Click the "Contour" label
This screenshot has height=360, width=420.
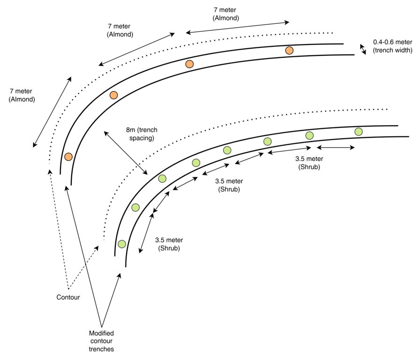click(x=68, y=297)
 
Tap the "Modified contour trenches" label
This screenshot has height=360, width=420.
click(x=101, y=341)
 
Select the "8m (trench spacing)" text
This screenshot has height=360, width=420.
click(x=142, y=134)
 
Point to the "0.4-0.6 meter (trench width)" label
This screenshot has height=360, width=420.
click(x=392, y=46)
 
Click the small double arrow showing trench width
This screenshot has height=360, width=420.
click(x=363, y=49)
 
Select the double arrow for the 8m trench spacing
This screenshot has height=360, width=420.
click(x=126, y=153)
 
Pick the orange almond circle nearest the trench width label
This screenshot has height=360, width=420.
click(x=289, y=50)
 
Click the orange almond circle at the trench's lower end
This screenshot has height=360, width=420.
click(x=68, y=157)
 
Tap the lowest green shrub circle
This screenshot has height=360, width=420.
click(x=122, y=244)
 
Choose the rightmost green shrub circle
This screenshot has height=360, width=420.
click(x=359, y=132)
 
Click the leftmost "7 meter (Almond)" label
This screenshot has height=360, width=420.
click(x=22, y=95)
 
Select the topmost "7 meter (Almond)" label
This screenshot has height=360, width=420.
click(x=225, y=14)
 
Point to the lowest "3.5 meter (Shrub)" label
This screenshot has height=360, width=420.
click(x=169, y=244)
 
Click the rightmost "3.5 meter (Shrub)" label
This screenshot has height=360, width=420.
click(x=309, y=163)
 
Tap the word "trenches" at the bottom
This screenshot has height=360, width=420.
click(x=101, y=349)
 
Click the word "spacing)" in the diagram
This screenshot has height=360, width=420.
click(x=142, y=138)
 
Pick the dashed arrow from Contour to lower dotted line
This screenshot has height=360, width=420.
click(x=83, y=268)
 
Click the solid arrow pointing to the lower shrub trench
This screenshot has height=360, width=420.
click(x=111, y=300)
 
